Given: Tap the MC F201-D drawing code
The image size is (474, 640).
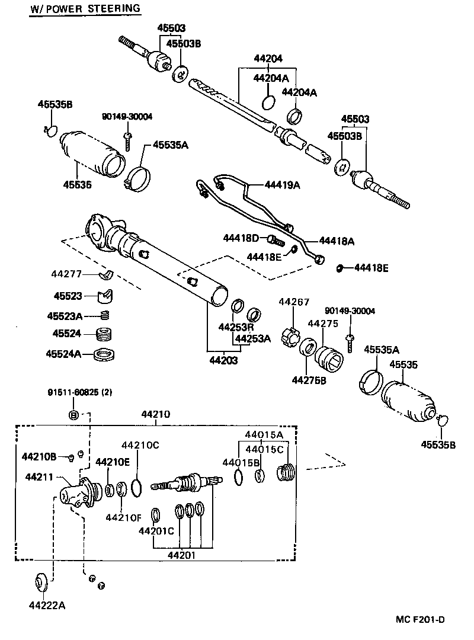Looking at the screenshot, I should (420, 620).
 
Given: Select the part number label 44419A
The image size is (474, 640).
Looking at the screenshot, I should (283, 185).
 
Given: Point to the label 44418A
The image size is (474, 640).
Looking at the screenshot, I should (337, 241).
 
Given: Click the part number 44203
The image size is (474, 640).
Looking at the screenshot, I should (223, 360).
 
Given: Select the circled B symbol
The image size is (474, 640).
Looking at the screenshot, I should (73, 414).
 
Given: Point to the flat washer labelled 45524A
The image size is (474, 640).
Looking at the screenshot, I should (105, 354).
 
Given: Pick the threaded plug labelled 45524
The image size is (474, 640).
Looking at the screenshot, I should (105, 334).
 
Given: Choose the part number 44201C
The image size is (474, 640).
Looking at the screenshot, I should (156, 530).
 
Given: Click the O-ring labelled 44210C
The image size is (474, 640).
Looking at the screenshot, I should (136, 487).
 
